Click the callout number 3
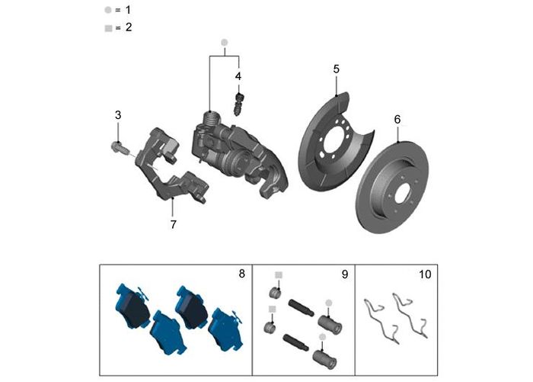click(x=118, y=115)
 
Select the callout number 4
click(x=238, y=76)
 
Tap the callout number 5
click(x=336, y=69)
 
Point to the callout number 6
click(x=397, y=120)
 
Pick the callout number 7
click(x=174, y=224)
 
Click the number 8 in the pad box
click(x=242, y=273)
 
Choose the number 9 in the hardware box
click(x=344, y=273)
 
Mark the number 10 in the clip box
click(x=424, y=273)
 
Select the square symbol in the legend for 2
click(x=107, y=27)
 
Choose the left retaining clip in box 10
click(x=378, y=315)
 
